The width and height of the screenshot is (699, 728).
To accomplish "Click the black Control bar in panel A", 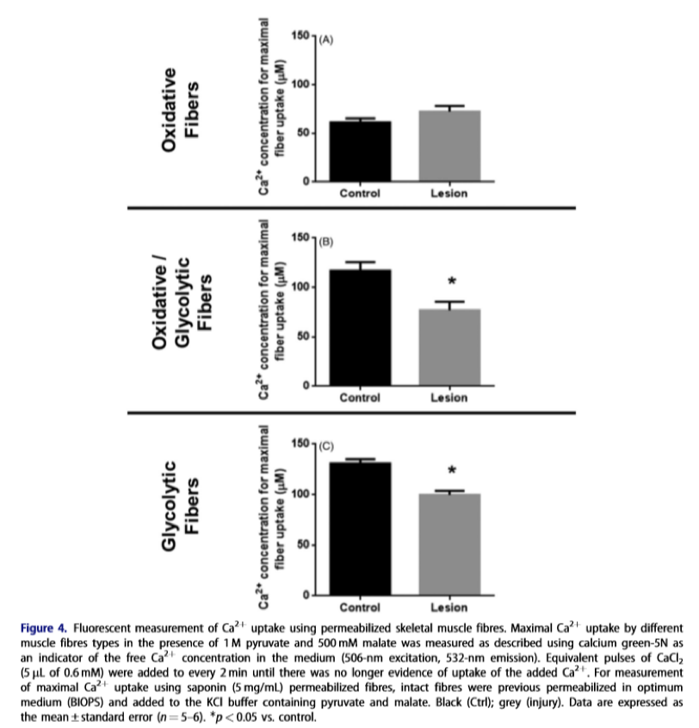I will pyautogui.click(x=360, y=152).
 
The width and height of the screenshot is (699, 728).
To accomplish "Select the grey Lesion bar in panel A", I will pyautogui.click(x=449, y=146).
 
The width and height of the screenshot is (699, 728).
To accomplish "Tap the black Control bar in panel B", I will pyautogui.click(x=360, y=327).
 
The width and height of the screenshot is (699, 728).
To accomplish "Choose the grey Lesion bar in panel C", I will pyautogui.click(x=449, y=544).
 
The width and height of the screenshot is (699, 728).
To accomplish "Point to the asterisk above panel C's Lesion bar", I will pyautogui.click(x=451, y=471).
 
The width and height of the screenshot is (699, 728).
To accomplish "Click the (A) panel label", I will pyautogui.click(x=325, y=40).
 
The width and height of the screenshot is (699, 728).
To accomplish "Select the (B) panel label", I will pyautogui.click(x=325, y=242).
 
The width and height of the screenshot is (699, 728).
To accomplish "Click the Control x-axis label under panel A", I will pyautogui.click(x=360, y=193).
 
